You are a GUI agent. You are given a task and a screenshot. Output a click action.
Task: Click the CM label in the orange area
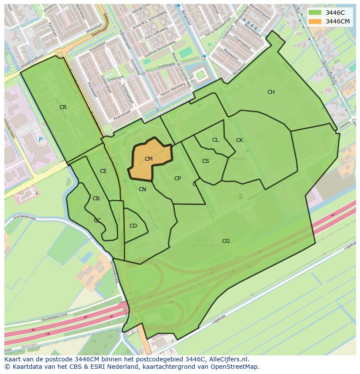coord(149,159)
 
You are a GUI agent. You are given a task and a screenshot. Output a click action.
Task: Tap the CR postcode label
coord(63,107)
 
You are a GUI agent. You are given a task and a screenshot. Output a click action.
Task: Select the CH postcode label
coord(271,92)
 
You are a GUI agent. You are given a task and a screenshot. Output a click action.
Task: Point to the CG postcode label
coord(226,241)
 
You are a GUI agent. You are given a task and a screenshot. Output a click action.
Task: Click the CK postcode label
coord(240,140)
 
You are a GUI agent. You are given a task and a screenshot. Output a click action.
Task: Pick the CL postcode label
coord(215,140)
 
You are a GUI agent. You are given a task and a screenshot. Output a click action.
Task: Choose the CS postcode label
coord(206,161)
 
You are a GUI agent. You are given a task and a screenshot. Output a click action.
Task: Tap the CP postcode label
coord(177,179)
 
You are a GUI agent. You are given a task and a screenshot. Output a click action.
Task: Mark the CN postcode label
coord(142,189)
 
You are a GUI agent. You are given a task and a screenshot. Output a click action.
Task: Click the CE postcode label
coord(103,171)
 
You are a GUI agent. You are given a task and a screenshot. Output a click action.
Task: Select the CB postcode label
coord(96,199)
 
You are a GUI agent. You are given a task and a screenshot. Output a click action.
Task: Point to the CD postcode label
coord(133,226)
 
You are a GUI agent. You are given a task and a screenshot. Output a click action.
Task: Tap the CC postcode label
coord(97,221)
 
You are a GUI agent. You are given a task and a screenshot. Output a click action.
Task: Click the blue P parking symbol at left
coord(41,139)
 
